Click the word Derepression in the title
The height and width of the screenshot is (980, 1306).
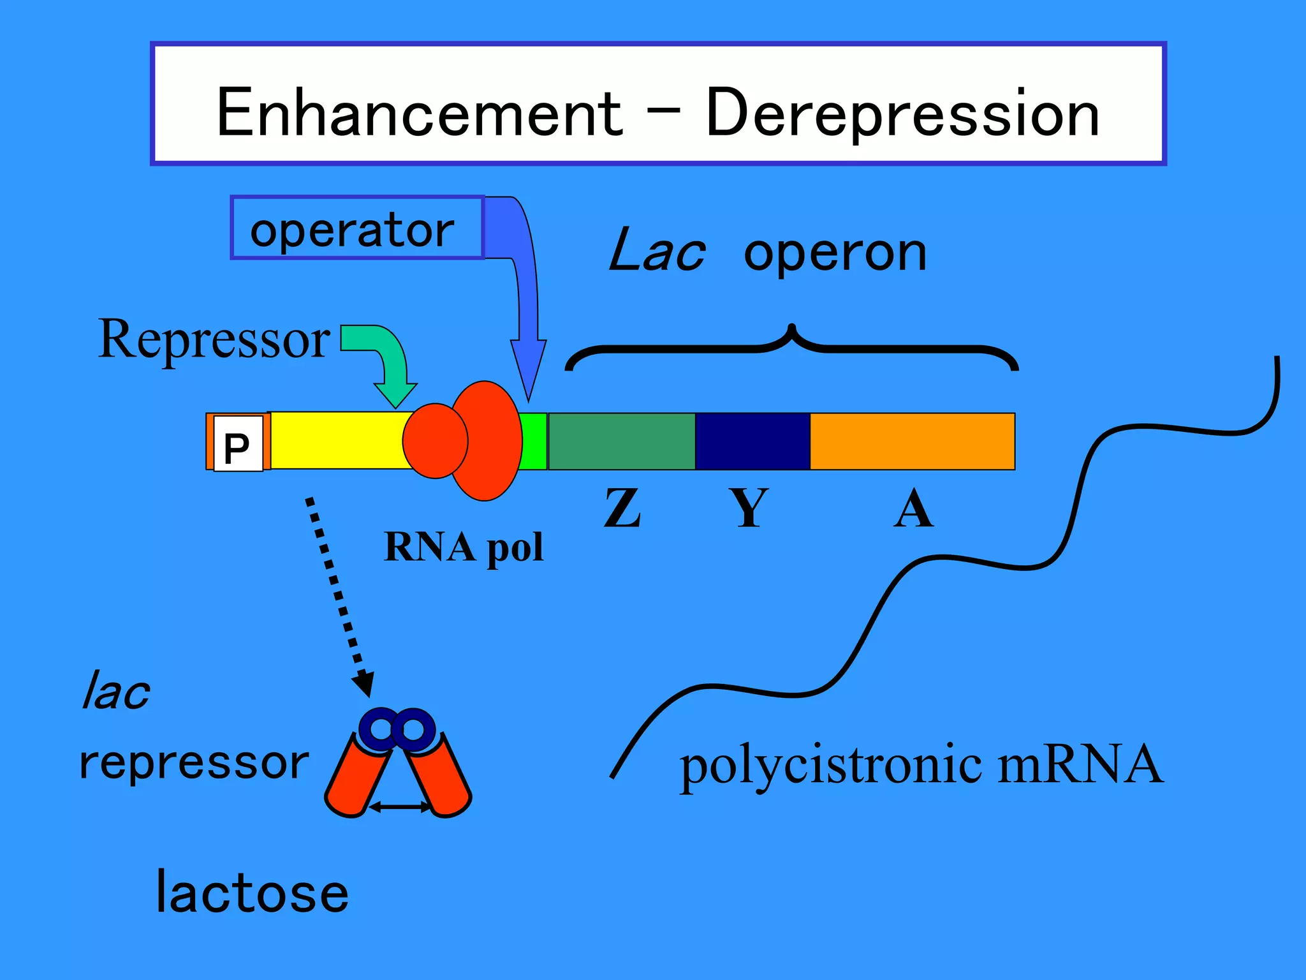tap(902, 113)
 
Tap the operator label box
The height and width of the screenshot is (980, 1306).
tap(357, 228)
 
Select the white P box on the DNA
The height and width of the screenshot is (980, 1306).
tap(238, 444)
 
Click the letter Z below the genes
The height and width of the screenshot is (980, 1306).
tap(622, 509)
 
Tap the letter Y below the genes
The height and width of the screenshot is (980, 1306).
tap(749, 509)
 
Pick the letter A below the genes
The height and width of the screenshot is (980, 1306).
tap(913, 509)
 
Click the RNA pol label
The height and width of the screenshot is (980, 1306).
tap(464, 547)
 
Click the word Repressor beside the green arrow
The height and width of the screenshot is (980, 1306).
tap(214, 339)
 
